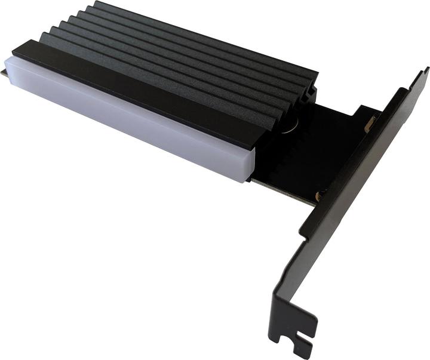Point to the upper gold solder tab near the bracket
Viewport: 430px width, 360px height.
click(370, 122)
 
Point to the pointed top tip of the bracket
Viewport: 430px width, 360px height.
click(425, 70)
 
